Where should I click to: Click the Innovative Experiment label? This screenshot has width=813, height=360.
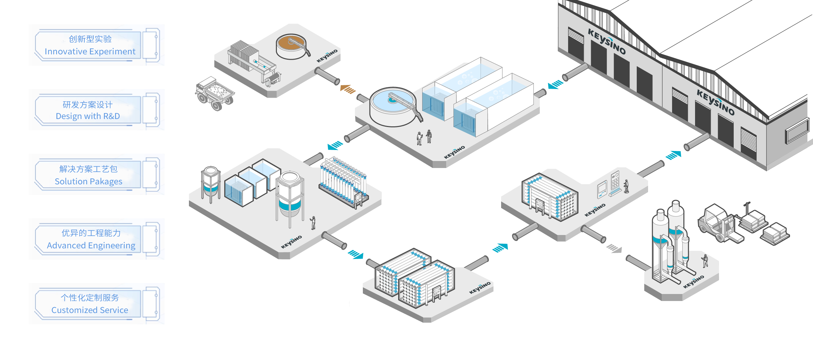pyautogui.click(x=90, y=45)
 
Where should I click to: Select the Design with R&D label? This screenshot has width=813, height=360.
pyautogui.click(x=88, y=110)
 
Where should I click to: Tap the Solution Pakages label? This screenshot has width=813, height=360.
pyautogui.click(x=89, y=175)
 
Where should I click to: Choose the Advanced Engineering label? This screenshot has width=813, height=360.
pyautogui.click(x=91, y=239)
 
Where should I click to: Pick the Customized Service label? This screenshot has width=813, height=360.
pyautogui.click(x=90, y=304)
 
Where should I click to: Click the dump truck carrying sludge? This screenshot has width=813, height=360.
pyautogui.click(x=215, y=94)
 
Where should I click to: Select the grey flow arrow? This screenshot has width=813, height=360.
pyautogui.click(x=614, y=248)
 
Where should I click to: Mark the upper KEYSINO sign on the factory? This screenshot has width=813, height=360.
pyautogui.click(x=606, y=41)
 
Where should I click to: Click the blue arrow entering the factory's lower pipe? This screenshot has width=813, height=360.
pyautogui.click(x=673, y=155)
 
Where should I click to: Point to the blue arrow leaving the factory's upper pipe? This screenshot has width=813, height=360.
pyautogui.click(x=555, y=84)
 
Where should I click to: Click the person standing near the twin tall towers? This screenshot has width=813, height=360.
pyautogui.click(x=705, y=260)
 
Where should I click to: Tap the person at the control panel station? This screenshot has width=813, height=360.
pyautogui.click(x=626, y=186)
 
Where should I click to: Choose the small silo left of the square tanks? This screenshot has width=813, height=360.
pyautogui.click(x=211, y=184)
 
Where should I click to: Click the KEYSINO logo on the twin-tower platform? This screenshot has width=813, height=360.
pyautogui.click(x=693, y=282)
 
